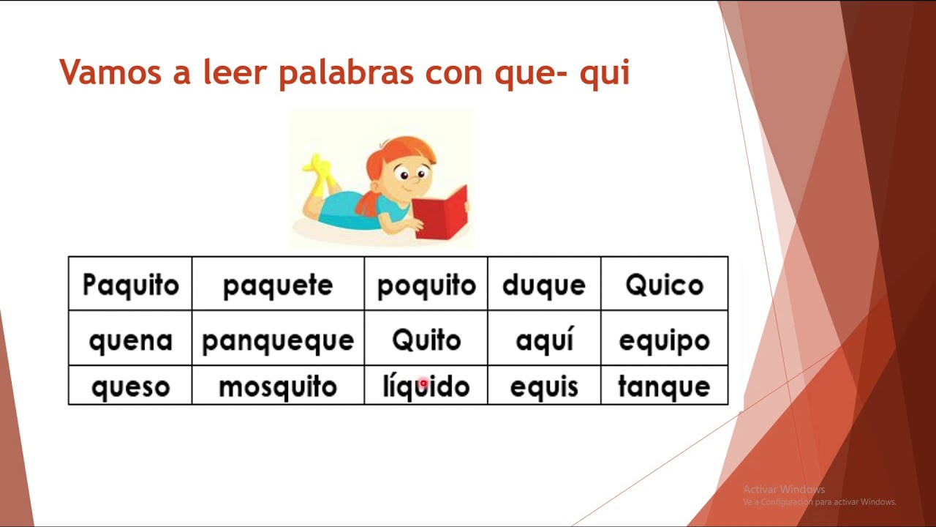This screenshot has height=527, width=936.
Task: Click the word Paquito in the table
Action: click(130, 285)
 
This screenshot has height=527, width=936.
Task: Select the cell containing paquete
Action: click(278, 285)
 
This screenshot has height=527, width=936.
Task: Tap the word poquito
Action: click(426, 285)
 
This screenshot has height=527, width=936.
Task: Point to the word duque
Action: click(544, 285)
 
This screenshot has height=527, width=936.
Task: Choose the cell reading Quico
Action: click(664, 285)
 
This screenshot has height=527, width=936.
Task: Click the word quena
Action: click(130, 340)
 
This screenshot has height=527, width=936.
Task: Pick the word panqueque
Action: click(278, 340)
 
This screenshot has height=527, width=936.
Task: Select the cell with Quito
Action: click(426, 340)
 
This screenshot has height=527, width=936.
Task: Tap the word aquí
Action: click(544, 340)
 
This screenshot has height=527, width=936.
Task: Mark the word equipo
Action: click(664, 340)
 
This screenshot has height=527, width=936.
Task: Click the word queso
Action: click(130, 386)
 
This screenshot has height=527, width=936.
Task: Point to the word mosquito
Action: click(278, 386)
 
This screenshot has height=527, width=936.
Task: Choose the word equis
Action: click(544, 386)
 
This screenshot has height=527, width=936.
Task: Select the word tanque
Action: click(664, 386)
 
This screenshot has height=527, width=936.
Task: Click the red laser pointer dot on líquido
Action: click(423, 383)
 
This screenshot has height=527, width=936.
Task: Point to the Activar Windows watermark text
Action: click(784, 489)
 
